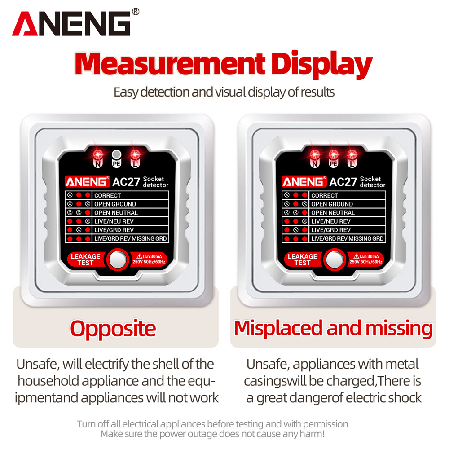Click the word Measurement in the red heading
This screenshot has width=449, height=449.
[x=170, y=64]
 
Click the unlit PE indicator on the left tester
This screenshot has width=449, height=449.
[x=116, y=154]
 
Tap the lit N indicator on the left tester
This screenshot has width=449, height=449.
[x=98, y=155]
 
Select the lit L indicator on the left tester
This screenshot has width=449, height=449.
[x=135, y=155]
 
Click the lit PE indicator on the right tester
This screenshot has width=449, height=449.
[x=333, y=155]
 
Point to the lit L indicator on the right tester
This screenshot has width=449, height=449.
[x=352, y=155]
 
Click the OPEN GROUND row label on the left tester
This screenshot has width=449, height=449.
[x=115, y=204]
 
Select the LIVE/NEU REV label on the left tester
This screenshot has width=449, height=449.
[x=114, y=221]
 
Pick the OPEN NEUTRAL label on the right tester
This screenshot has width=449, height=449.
[x=333, y=212]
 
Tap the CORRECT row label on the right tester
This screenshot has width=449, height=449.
[x=325, y=195]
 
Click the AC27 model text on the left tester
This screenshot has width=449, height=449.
[x=126, y=182]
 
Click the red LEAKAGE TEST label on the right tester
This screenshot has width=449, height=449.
[x=302, y=260]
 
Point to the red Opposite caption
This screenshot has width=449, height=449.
[x=113, y=329]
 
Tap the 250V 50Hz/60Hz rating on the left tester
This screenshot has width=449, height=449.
[x=149, y=262]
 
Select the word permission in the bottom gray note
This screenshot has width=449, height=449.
[x=326, y=424]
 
